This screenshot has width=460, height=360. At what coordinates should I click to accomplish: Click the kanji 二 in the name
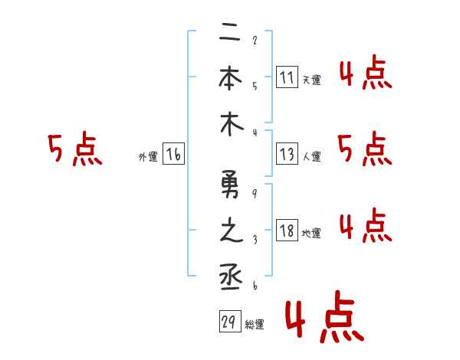pos(230,33)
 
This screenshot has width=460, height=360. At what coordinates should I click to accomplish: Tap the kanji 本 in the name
pos(230,77)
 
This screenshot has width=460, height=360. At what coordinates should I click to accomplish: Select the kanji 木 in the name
pos(230,125)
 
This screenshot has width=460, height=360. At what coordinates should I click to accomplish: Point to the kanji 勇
pos(230,186)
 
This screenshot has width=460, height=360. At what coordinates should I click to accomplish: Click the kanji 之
pos(230,231)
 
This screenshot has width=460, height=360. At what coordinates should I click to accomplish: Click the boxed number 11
pos(287,77)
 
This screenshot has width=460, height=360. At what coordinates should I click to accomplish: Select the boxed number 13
pos(287,154)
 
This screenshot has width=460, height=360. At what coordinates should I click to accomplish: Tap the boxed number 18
pos(287,231)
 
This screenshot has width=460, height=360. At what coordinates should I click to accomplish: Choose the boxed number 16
pos(173,154)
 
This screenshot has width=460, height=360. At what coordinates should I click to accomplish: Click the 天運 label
pos(311,80)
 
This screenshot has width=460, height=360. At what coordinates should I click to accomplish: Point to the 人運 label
pos(311,156)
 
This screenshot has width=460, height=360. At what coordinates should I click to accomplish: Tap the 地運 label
pos(311,233)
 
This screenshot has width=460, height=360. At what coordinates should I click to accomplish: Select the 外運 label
pos(147,156)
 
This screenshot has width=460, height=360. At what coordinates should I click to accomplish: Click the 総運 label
pos(255,324)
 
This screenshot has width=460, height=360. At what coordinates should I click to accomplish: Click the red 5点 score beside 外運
pos(74,149)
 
